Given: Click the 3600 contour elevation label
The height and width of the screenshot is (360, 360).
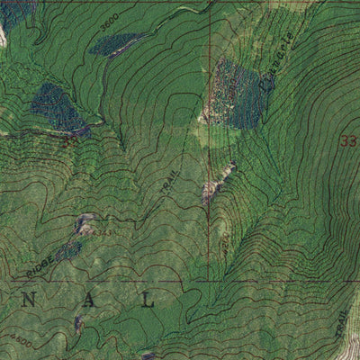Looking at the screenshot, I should pyautogui.click(x=110, y=19).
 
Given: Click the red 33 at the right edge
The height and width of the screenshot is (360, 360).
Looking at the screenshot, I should pyautogui.click(x=348, y=141).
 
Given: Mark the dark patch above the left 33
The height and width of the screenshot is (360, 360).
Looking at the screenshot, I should pyautogui.click(x=58, y=107).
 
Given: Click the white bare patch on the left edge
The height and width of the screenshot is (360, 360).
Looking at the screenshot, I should pyautogui.click(x=3, y=36).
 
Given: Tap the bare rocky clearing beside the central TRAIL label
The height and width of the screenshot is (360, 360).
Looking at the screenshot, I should pyautogui.click(x=212, y=189).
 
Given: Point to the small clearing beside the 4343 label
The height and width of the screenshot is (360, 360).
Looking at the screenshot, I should pyautogui.click(x=86, y=223).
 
